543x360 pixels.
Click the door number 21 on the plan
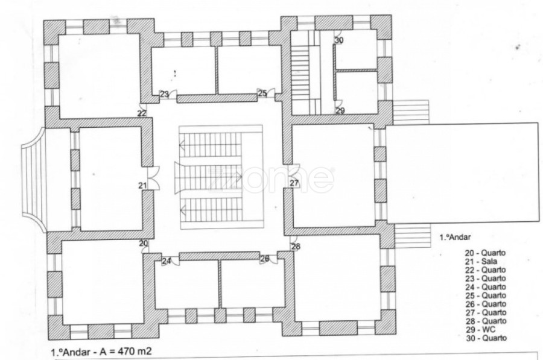click(x=142, y=186)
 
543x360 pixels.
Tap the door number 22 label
click(x=142, y=113)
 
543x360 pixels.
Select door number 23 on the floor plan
click(x=164, y=94)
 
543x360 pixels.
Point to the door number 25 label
click(x=262, y=93)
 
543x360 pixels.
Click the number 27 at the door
click(x=294, y=183)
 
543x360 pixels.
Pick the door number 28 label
click(x=296, y=247)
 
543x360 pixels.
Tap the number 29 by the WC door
click(x=340, y=111)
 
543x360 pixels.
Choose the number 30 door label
click(x=339, y=40)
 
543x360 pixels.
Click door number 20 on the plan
click(x=144, y=244)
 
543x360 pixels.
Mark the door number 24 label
click(x=167, y=261)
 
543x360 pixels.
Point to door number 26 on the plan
click(x=265, y=259)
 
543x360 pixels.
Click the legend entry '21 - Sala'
click(x=481, y=262)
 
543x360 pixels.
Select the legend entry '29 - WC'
click(x=481, y=329)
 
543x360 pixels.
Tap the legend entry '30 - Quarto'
click(x=486, y=338)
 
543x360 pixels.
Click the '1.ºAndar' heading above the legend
click(x=455, y=238)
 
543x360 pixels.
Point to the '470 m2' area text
click(x=135, y=352)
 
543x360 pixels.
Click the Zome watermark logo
click(x=271, y=179)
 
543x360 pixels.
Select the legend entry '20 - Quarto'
click(x=485, y=253)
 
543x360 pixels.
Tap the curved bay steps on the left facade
click(x=33, y=180)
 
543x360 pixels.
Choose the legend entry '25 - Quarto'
click(x=486, y=295)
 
